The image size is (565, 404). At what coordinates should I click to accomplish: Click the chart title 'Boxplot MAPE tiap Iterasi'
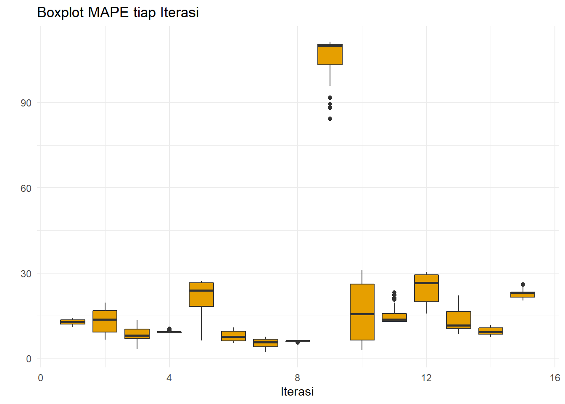[118, 12]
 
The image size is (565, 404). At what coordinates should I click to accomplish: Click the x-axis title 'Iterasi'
[297, 391]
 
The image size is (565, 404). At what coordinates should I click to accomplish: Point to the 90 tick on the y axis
[26, 103]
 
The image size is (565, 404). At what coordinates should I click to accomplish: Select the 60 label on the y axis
[26, 188]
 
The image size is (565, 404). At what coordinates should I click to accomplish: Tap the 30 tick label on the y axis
[26, 274]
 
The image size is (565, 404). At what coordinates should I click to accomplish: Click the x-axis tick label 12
[426, 377]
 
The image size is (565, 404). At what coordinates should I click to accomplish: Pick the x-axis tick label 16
[555, 377]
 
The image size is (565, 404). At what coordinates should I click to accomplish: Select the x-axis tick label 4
[169, 377]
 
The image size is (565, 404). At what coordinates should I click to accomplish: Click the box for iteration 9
[330, 55]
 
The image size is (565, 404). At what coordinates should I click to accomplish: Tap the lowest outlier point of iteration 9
[330, 119]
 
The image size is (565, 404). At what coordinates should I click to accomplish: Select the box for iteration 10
[362, 312]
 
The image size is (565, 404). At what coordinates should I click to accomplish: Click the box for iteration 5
[201, 295]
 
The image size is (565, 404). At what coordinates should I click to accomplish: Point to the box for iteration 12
[426, 288]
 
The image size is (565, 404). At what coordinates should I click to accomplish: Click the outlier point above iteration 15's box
[523, 284]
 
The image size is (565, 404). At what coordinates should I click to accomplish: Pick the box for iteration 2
[105, 321]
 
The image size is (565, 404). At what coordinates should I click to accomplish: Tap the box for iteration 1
[73, 322]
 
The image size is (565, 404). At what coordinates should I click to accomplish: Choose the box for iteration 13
[459, 320]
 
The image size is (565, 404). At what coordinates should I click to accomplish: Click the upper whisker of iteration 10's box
[362, 277]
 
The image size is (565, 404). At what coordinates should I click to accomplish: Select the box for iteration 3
[137, 334]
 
